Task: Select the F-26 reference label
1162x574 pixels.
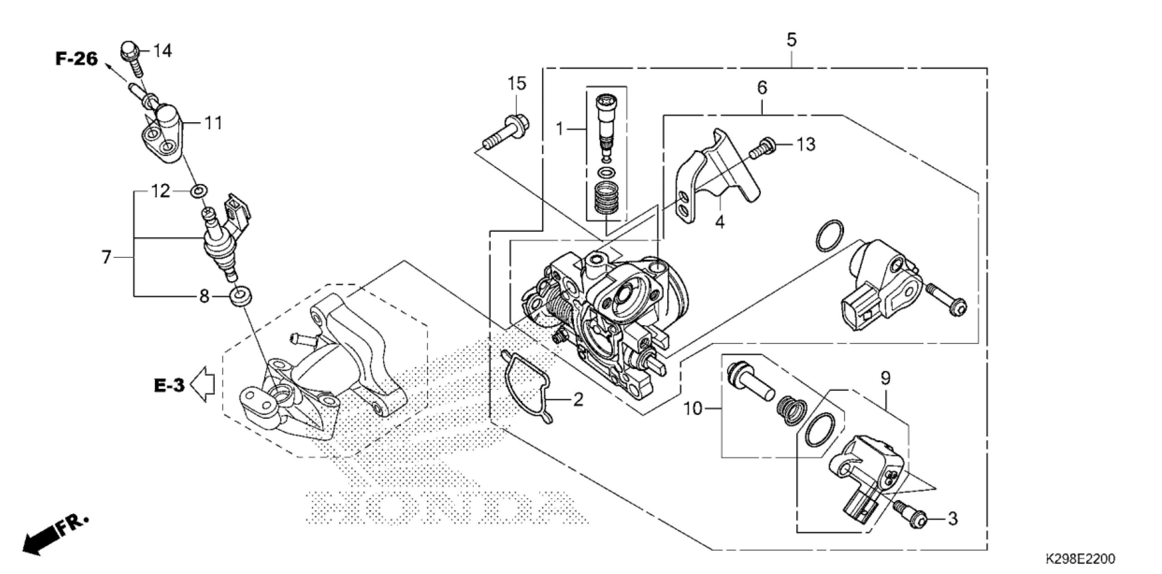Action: [77, 59]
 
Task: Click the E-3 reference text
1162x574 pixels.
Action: [169, 386]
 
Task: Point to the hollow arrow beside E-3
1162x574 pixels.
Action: [203, 384]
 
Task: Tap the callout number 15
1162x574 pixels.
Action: [517, 84]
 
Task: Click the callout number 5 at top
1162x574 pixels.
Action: [791, 40]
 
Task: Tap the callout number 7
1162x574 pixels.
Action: [106, 257]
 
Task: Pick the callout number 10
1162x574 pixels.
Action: [694, 409]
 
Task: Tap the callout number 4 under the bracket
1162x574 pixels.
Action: [720, 223]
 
